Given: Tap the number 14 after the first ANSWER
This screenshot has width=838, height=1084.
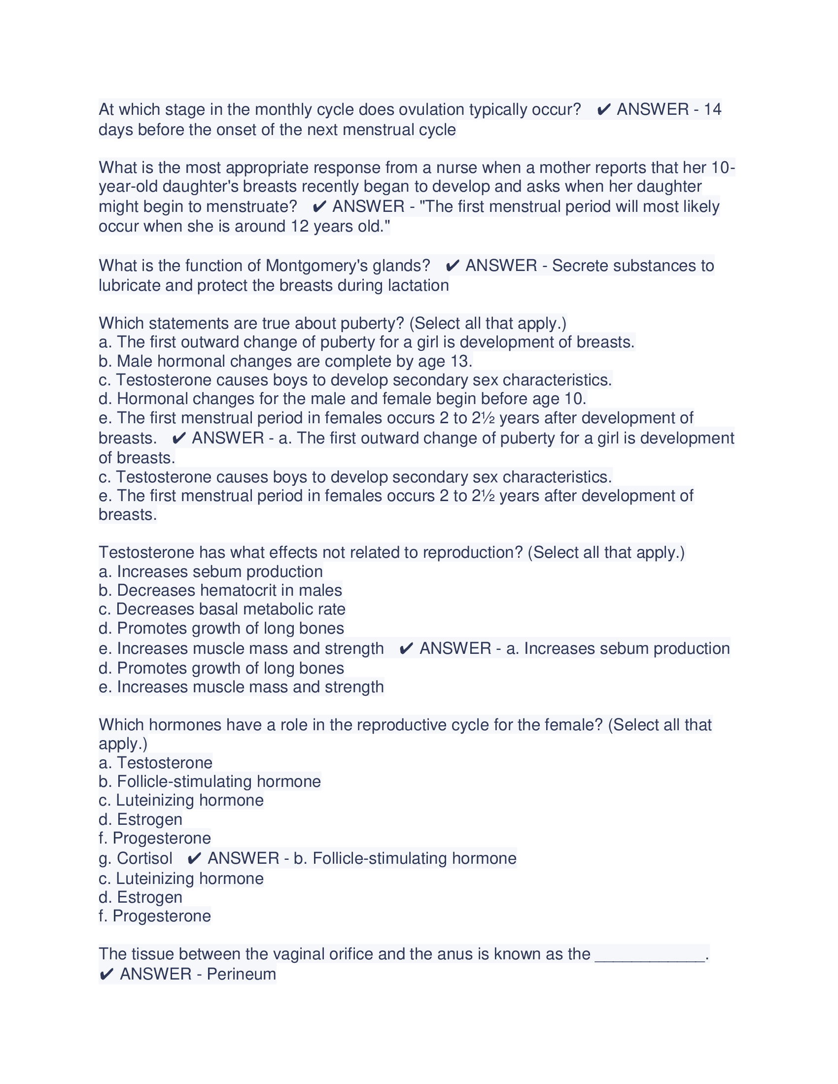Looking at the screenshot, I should tap(712, 109).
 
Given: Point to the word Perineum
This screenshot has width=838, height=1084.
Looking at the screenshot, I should tap(241, 974).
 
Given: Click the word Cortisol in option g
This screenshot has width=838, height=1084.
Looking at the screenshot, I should tap(144, 858).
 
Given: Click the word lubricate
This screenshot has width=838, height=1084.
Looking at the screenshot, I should tap(130, 285).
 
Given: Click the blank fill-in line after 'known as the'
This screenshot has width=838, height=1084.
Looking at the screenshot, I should tap(649, 954).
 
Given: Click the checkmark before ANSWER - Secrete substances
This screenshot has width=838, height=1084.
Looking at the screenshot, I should tap(452, 266).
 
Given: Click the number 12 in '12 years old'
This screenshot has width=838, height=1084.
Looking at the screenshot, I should tap(300, 226).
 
